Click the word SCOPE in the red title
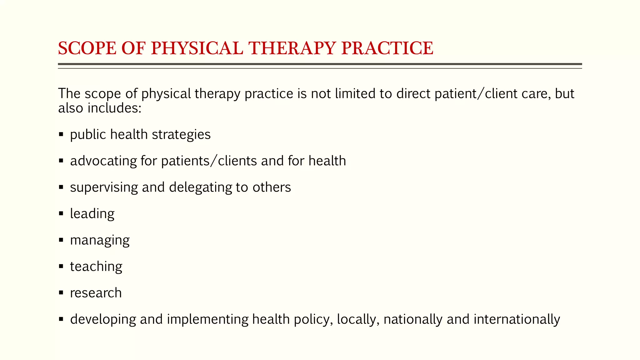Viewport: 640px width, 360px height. click(87, 48)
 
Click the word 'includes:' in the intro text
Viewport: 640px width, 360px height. click(114, 108)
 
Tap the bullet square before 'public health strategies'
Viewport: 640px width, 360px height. click(61, 135)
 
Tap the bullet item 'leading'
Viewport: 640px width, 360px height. click(92, 214)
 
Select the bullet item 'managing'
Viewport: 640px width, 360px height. click(100, 240)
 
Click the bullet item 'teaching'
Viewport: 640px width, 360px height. click(96, 267)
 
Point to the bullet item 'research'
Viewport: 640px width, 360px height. click(96, 293)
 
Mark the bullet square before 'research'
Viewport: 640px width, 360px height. click(61, 293)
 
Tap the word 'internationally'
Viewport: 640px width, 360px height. click(517, 319)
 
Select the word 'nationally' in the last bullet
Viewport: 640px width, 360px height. click(413, 319)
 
